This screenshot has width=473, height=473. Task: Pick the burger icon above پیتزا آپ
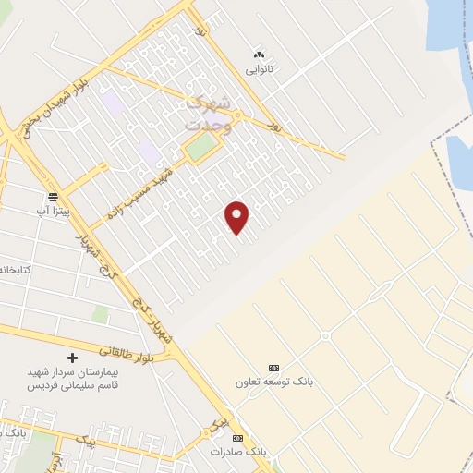tap(54, 197)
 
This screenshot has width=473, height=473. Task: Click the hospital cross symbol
tap(73, 358)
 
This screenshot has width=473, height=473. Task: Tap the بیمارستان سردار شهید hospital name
tap(67, 371)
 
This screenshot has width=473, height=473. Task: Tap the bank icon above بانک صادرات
tap(238, 438)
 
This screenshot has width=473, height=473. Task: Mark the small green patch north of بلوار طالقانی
tap(100, 315)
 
